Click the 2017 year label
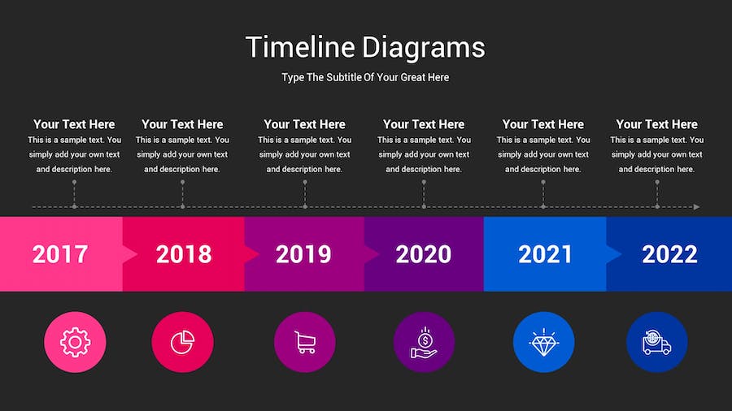coord(60,254)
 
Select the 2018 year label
coord(184,254)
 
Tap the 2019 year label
coord(303,254)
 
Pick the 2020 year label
coord(423,254)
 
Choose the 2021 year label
coord(546,254)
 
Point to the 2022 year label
coord(669,254)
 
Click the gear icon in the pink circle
coord(75,343)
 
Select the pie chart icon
coord(183,343)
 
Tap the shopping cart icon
coord(305,343)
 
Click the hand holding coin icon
coord(424,343)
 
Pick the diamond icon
coord(543,343)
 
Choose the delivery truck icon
coord(657,343)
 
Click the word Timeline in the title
coord(300,47)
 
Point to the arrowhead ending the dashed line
coord(696,207)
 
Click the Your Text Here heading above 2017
coord(74,124)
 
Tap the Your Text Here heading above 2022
coord(656,124)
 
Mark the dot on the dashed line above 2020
coord(424,207)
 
